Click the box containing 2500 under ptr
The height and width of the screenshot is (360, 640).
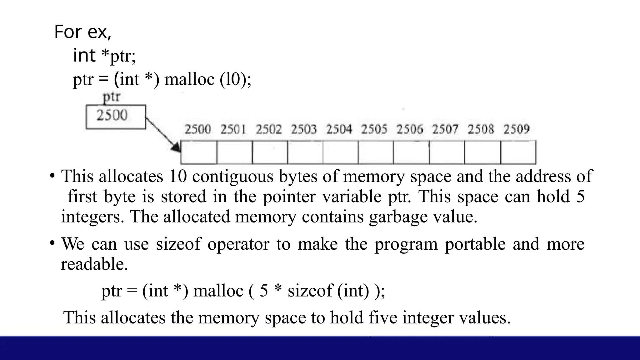pos(116,117)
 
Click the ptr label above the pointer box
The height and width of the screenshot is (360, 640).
pos(112,97)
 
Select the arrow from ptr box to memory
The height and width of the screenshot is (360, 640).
pos(163,135)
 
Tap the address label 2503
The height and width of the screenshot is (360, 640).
pos(304,129)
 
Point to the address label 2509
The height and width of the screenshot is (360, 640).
pos(516,129)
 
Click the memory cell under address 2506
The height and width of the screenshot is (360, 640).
pos(411,152)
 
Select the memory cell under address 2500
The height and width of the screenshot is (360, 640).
pos(199,152)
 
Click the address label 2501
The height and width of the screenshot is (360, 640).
pos(233,129)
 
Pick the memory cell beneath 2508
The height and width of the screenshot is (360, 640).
pos(482,152)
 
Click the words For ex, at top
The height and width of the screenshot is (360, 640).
pos(82,32)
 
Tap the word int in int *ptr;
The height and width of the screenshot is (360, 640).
pos(84,56)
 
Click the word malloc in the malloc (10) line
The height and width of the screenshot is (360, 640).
pos(189,79)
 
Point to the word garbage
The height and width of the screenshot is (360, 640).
pos(398,217)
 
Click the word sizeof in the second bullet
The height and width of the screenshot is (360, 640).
pos(178,244)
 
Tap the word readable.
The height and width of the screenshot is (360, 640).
pos(94,264)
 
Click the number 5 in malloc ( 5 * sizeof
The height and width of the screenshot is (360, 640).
pos(264,291)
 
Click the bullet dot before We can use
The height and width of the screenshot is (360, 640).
pos(52,243)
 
